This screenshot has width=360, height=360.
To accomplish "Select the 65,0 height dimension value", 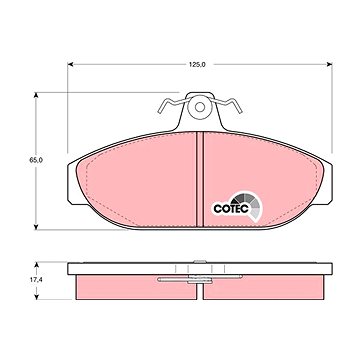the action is click(36, 160).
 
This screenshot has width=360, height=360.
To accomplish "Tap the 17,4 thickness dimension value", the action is click(36, 280).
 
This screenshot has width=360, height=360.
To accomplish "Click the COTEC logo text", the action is click(231, 209).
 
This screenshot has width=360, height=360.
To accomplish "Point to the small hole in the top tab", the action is click(200, 107).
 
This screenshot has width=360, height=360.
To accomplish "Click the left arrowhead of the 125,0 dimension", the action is click(70, 64).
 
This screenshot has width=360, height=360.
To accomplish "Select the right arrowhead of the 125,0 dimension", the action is click(329, 64).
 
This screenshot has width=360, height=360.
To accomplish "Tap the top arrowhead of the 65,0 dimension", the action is click(36, 95).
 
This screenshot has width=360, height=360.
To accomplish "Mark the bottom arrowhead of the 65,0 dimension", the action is click(36, 227).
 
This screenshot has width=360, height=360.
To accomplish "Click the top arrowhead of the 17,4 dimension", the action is click(37, 265).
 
